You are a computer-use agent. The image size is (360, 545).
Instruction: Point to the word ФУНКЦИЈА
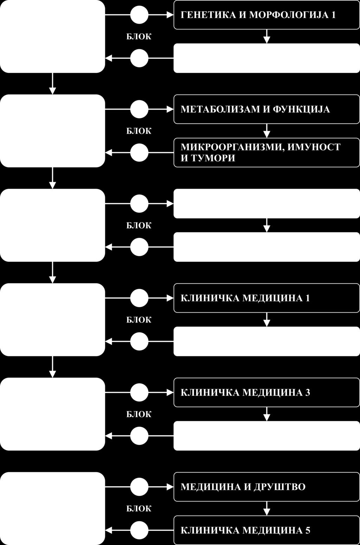301,109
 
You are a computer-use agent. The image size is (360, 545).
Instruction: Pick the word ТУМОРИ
212,158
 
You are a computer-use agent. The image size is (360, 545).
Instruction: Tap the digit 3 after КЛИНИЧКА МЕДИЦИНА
308,392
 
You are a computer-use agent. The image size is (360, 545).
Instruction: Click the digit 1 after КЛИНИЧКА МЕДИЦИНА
308,298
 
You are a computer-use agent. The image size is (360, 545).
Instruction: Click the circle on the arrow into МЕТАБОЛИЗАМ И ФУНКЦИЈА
139,109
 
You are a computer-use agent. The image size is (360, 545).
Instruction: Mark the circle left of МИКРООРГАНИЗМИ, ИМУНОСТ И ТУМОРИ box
139,153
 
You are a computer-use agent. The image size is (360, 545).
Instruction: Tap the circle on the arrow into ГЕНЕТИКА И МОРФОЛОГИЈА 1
139,15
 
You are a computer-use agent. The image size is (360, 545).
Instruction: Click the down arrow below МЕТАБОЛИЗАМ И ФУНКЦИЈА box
267,131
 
